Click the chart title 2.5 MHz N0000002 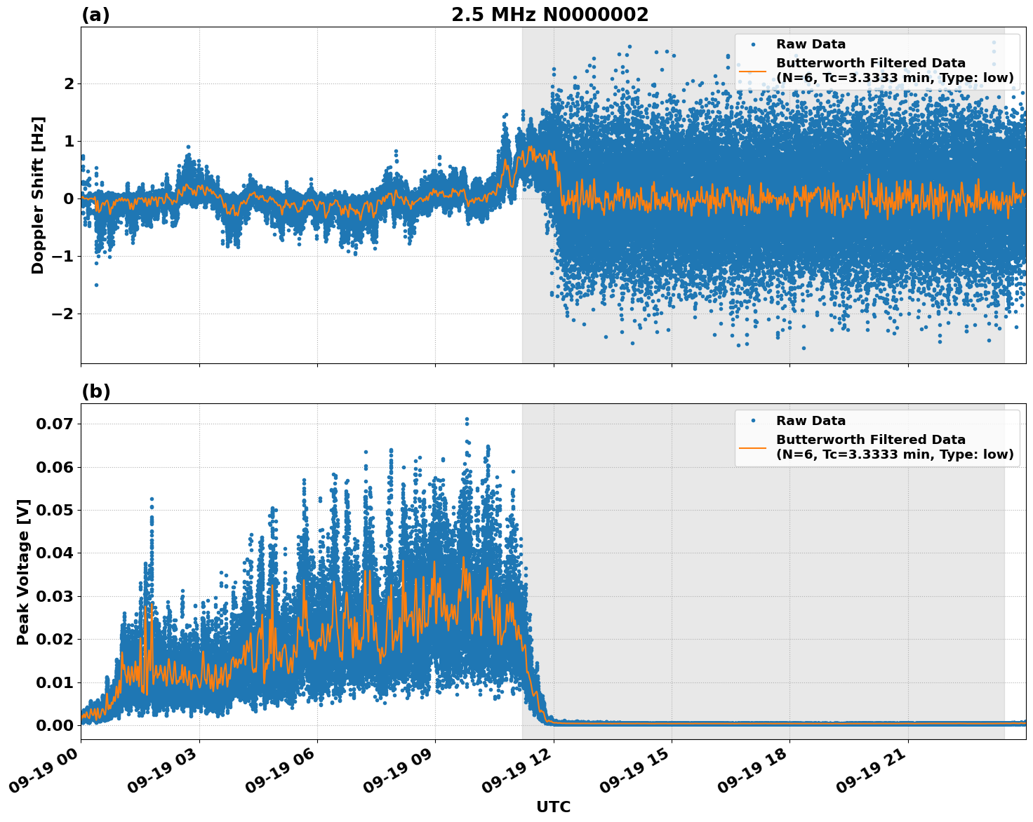point(549,15)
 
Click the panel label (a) point(95,15)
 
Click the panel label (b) point(95,391)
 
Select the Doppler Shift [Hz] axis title point(38,195)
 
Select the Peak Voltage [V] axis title point(23,572)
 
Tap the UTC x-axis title point(553,807)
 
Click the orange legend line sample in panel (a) point(752,70)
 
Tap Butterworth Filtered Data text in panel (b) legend point(870,440)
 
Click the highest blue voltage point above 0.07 point(467,419)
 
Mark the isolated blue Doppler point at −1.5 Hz point(96,285)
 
